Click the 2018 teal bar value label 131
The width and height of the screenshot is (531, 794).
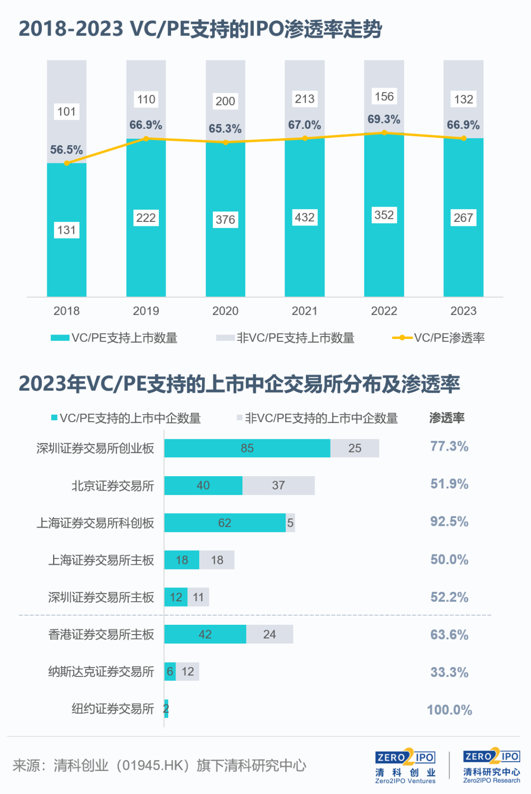click(x=66, y=230)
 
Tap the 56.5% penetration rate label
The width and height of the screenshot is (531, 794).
click(x=66, y=150)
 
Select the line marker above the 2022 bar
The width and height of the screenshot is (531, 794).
click(x=384, y=132)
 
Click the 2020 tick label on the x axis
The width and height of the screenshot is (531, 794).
click(x=225, y=311)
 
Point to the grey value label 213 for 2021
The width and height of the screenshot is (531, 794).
click(x=304, y=99)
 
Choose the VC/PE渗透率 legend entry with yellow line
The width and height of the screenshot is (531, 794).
click(x=438, y=338)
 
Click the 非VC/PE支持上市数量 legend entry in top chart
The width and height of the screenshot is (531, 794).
click(x=285, y=338)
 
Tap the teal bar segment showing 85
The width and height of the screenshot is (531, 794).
click(x=247, y=448)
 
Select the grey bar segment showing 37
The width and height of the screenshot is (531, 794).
click(x=278, y=486)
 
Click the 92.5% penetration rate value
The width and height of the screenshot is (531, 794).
click(x=449, y=521)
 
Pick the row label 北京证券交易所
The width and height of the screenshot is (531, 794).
click(x=113, y=486)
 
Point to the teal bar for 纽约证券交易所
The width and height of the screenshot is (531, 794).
click(x=166, y=709)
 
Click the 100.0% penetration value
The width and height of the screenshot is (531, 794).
click(x=449, y=710)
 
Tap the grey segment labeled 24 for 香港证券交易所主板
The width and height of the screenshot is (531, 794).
click(x=269, y=635)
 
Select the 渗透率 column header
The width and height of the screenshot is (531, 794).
click(x=446, y=418)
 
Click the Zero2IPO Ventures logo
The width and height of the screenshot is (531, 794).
click(x=405, y=765)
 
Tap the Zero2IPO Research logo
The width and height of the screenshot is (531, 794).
click(x=491, y=765)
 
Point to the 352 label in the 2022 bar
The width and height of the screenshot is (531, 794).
click(x=384, y=215)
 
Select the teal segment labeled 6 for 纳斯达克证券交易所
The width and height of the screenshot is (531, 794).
click(x=170, y=672)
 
